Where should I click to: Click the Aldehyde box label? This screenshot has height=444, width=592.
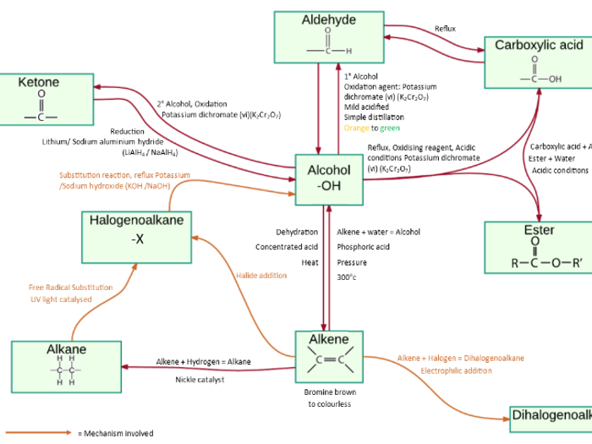328,20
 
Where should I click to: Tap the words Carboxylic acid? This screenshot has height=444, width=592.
539,45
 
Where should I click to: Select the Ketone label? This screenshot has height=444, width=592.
39,83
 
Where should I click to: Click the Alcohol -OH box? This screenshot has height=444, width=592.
329,178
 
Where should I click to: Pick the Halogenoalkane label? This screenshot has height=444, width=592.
137,221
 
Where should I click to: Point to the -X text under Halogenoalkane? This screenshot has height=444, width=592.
137,239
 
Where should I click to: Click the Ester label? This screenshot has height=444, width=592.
539,230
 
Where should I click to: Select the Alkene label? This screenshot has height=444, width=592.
328,339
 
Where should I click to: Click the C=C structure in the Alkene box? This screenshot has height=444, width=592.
328,360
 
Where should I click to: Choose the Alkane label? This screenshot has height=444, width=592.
66,348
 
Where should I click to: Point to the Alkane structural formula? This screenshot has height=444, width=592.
66,370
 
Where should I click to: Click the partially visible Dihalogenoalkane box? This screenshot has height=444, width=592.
550,415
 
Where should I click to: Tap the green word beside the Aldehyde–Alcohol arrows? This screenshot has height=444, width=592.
390,129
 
